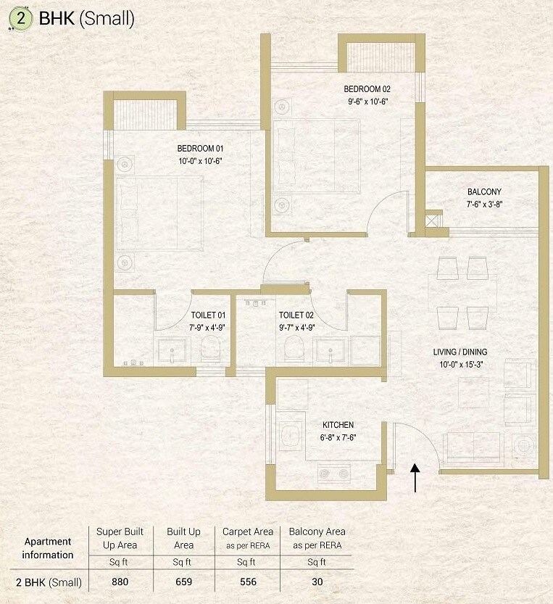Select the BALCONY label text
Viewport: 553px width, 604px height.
click(484, 192)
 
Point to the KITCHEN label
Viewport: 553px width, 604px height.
click(338, 425)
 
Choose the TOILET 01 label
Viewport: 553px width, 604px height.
click(209, 315)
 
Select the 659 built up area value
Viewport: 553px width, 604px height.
click(184, 581)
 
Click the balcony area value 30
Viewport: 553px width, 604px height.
click(317, 581)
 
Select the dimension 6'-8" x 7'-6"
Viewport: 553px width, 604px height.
click(338, 437)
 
